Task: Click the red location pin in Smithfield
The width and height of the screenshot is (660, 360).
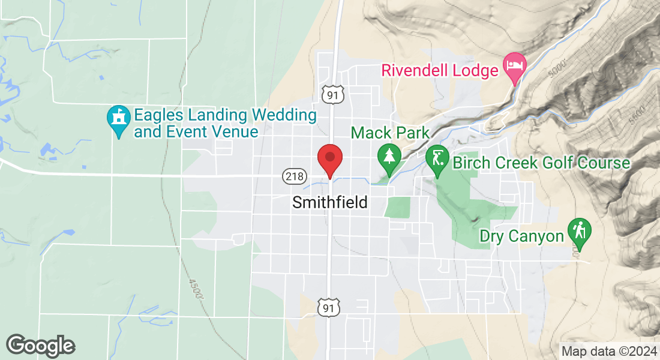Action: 329,160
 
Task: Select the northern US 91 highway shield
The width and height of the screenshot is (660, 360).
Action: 332,94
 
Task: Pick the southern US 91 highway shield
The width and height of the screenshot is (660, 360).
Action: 328,307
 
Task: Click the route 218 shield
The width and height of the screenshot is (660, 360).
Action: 294,176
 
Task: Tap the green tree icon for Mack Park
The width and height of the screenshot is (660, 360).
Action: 389,157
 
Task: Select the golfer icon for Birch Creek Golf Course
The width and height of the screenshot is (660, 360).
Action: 437,159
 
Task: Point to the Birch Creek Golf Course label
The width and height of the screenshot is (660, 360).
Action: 541,163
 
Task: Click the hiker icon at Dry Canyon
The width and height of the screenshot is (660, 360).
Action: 580,230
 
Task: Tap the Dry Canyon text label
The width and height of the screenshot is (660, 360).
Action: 521,236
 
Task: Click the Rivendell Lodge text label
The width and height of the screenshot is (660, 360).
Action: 440,71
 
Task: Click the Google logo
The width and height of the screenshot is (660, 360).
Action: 40,345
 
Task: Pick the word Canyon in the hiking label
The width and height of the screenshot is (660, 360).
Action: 536,236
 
